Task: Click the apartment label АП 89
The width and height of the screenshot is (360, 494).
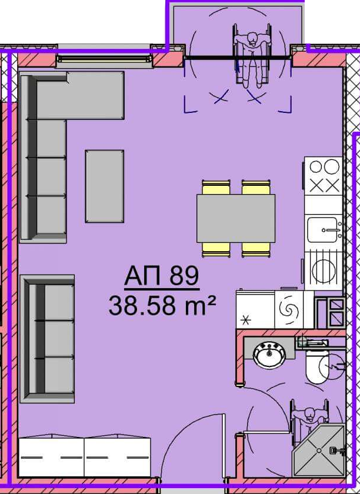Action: (x=162, y=276)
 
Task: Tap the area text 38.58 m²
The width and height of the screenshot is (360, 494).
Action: (x=163, y=306)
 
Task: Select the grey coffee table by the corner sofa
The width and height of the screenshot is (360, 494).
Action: (x=104, y=186)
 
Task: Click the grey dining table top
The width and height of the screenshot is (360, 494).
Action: (x=236, y=218)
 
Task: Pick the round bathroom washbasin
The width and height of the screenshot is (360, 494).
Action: (x=269, y=355)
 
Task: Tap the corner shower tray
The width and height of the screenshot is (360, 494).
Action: (x=319, y=450)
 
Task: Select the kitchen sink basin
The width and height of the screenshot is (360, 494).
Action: (x=322, y=230)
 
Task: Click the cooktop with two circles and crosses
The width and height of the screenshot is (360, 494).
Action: (x=324, y=176)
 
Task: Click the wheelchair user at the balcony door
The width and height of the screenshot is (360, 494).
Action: (x=252, y=55)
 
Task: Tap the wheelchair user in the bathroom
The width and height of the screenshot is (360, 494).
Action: (x=309, y=418)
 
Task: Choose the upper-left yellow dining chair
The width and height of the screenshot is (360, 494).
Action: (x=216, y=187)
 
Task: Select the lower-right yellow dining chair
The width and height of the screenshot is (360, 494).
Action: (x=256, y=249)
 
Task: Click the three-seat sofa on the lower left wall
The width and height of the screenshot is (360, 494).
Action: (x=47, y=339)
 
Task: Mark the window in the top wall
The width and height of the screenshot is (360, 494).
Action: (x=104, y=59)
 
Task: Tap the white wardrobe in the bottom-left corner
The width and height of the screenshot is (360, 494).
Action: (x=85, y=457)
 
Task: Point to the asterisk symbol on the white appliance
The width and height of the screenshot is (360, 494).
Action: (x=245, y=321)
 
